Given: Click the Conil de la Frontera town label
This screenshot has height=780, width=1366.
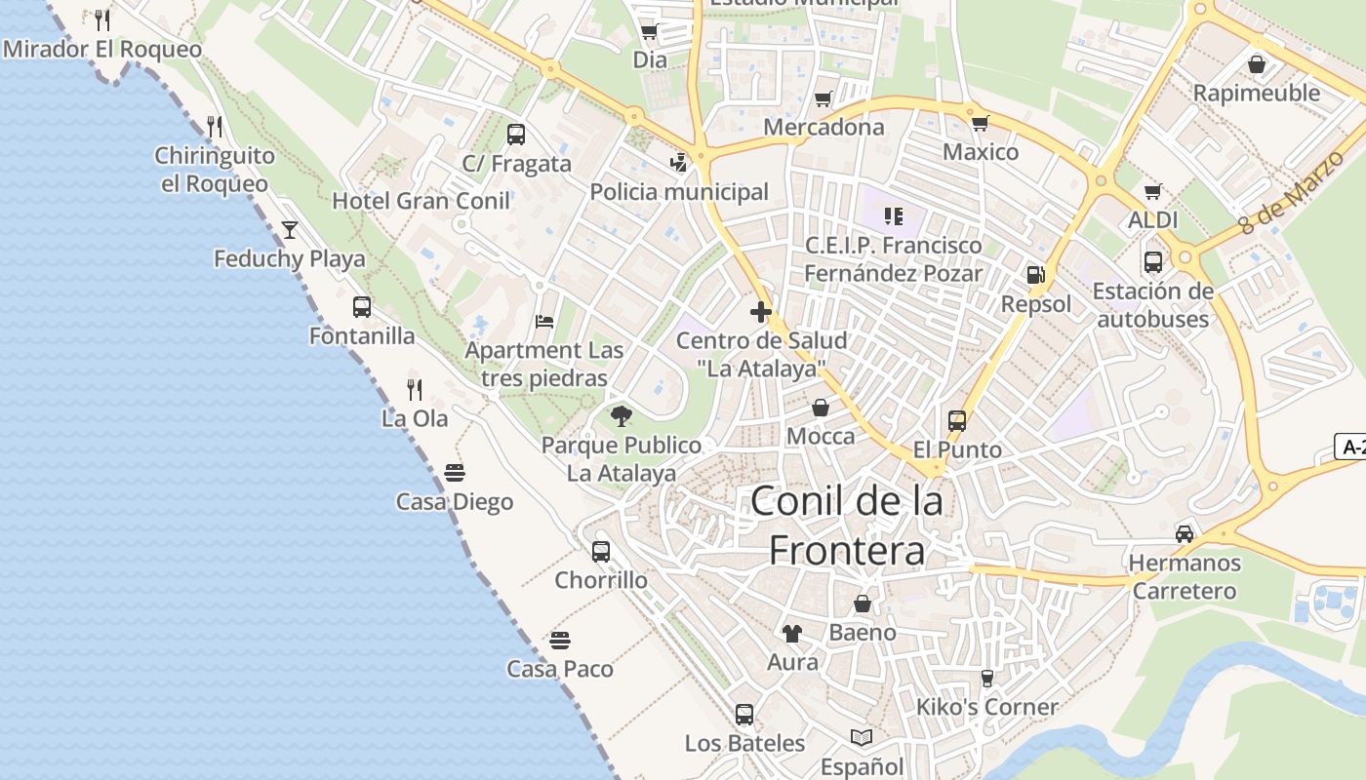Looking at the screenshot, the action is [x=847, y=526].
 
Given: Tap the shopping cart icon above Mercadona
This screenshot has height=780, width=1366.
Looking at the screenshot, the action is [x=823, y=98].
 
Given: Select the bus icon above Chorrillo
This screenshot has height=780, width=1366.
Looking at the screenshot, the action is [x=601, y=551].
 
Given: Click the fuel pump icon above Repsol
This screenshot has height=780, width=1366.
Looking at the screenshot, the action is [x=1035, y=275].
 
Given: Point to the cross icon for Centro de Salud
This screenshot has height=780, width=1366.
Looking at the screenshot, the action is [x=761, y=312].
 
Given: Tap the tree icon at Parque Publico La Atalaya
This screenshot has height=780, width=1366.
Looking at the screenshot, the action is [x=622, y=416].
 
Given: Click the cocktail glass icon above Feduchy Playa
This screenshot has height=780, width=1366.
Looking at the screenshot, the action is [x=290, y=230].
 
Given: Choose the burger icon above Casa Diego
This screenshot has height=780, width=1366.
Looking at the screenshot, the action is [x=455, y=473].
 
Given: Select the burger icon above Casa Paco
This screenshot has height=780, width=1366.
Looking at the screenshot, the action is [x=559, y=641].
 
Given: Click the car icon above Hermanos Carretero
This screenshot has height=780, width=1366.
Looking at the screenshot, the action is [x=1185, y=533].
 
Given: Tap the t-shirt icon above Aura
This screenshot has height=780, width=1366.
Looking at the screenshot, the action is [x=792, y=633].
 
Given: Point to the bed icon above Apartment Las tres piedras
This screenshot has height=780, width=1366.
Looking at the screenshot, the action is [x=544, y=322].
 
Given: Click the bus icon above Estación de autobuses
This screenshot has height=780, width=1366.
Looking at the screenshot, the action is [x=1153, y=261].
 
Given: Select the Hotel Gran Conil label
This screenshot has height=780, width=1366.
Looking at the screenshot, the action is [x=421, y=201].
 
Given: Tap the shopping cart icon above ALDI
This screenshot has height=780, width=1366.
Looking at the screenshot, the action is [x=1153, y=191].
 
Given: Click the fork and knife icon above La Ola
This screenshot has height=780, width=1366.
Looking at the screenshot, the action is [x=415, y=390].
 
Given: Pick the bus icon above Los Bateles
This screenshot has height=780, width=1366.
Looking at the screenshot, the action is [x=744, y=715].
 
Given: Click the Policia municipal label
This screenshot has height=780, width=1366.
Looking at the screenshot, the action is [x=679, y=192].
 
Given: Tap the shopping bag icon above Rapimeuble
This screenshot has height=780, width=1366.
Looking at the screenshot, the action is [x=1257, y=64].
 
